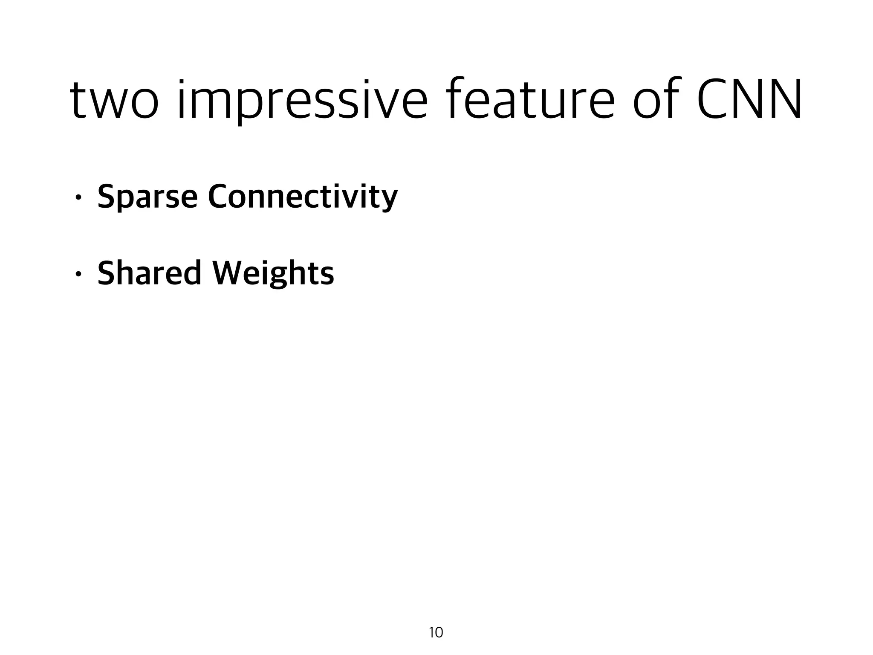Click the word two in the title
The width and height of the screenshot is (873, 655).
pyautogui.click(x=114, y=101)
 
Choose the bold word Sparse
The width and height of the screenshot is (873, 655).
pyautogui.click(x=147, y=197)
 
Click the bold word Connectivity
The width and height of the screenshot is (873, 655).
pyautogui.click(x=303, y=197)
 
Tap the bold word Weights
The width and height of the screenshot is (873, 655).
pyautogui.click(x=273, y=274)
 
